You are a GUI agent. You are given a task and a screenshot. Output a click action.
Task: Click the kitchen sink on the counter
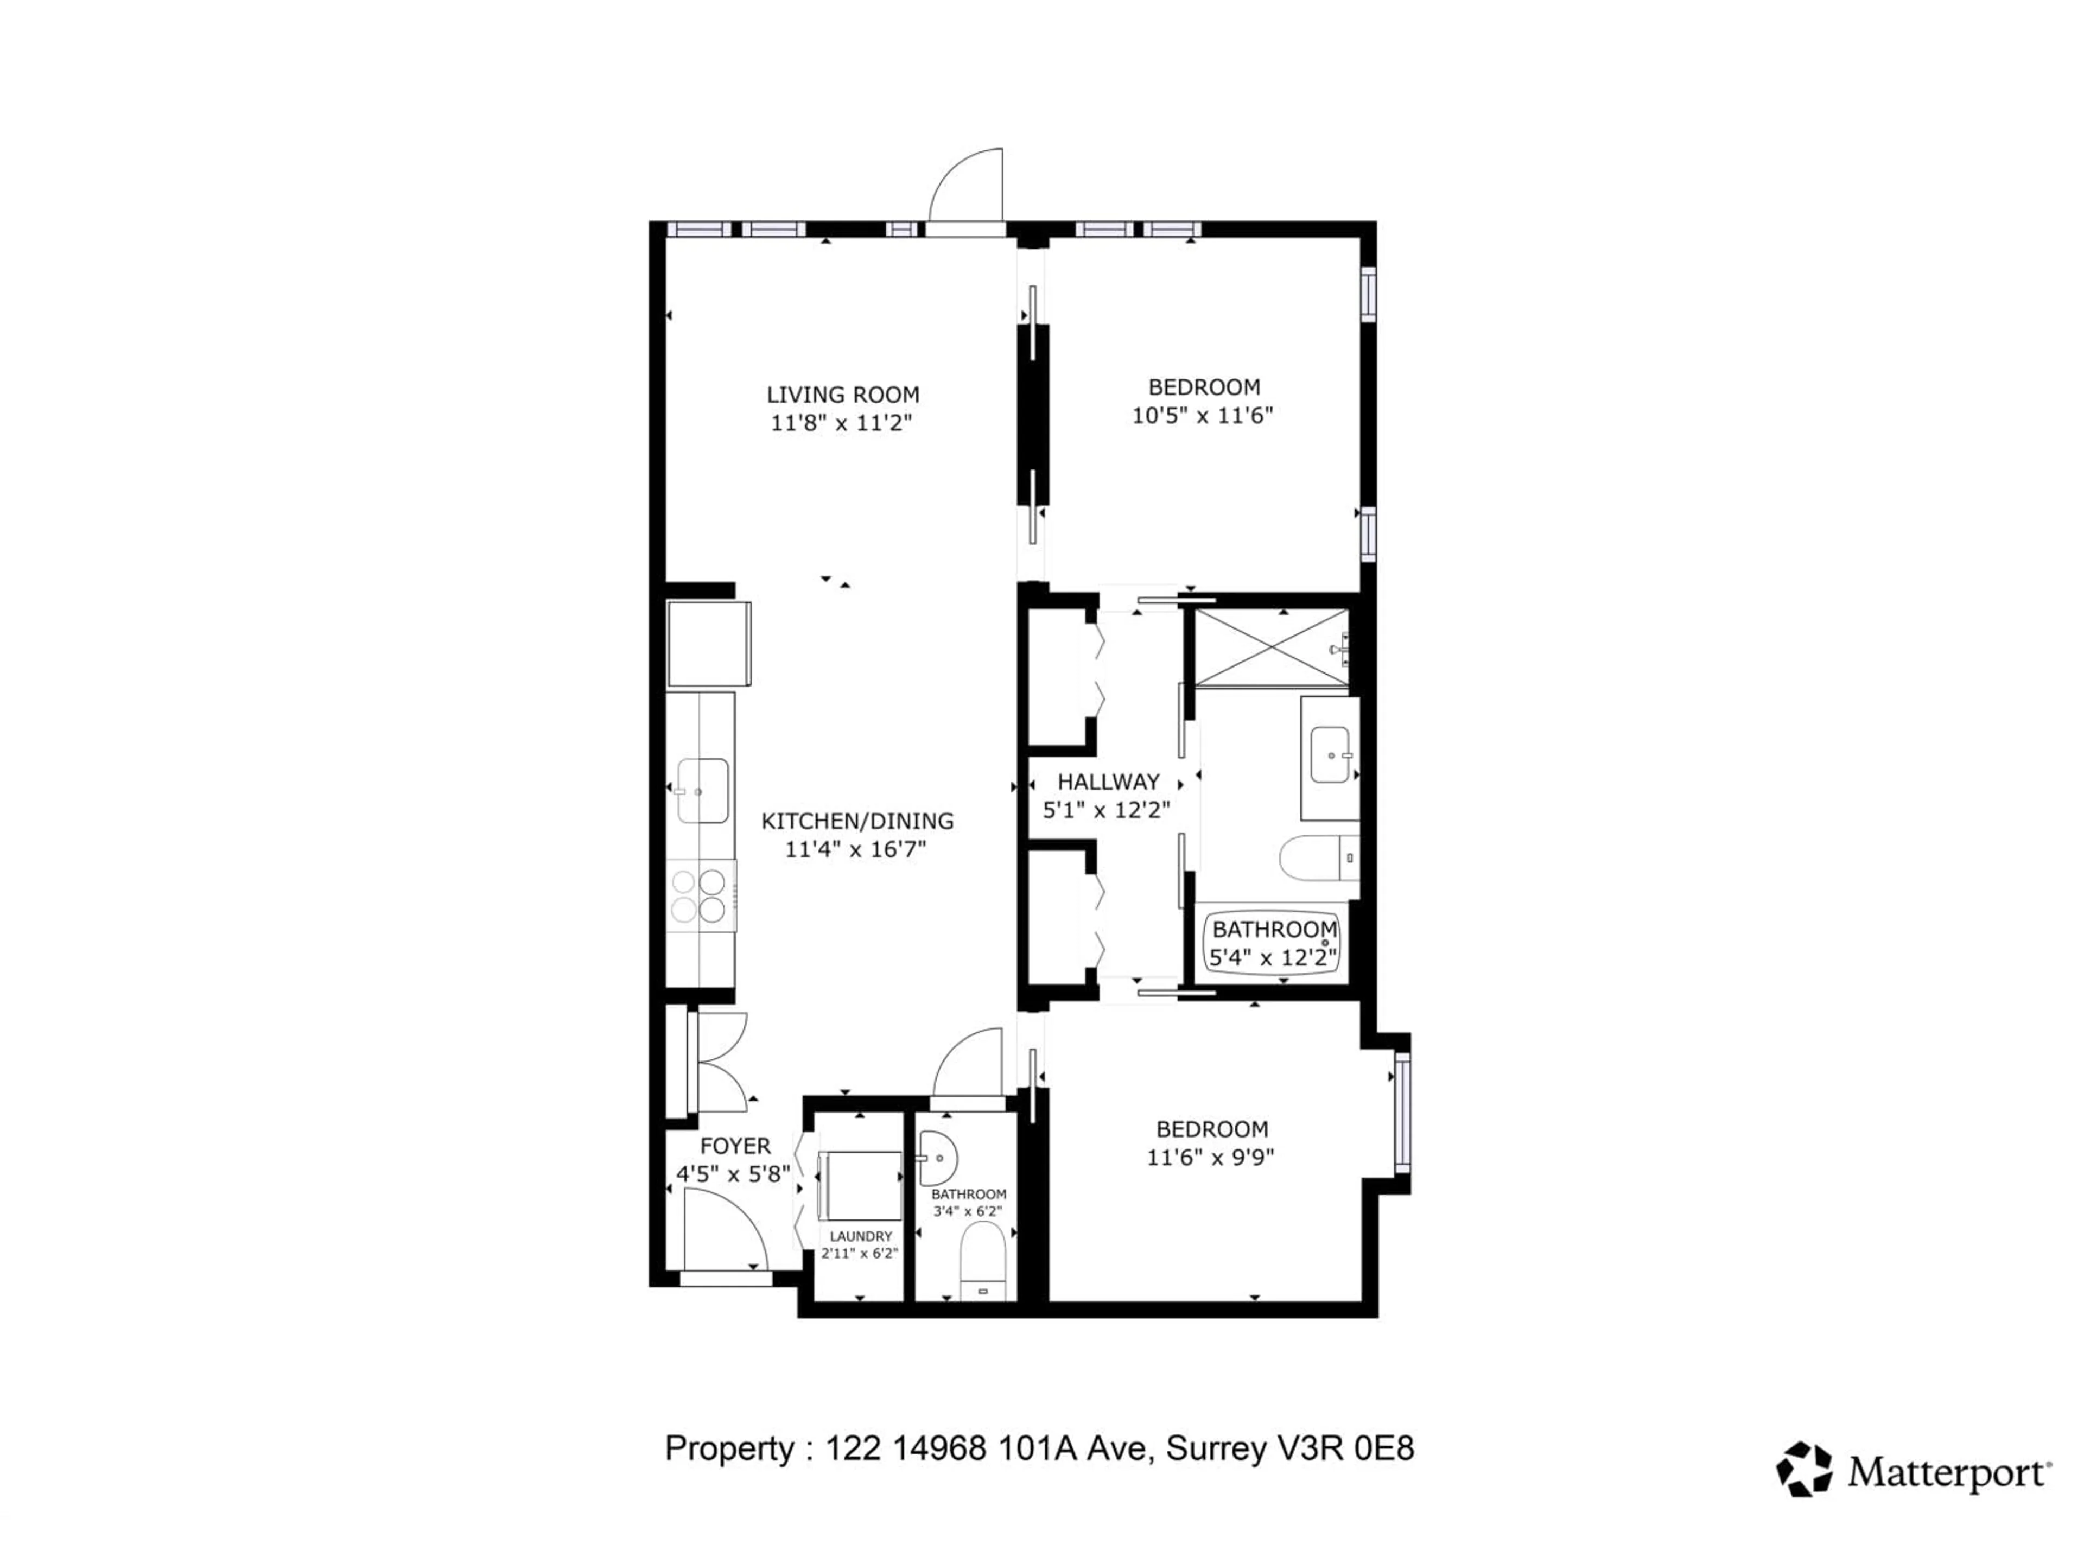pos(702,790)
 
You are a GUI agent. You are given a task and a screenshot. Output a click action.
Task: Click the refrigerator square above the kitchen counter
pos(708,644)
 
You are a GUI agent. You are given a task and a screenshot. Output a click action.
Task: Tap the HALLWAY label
pos(1108,782)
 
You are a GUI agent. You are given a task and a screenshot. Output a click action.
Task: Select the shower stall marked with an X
pos(1271,647)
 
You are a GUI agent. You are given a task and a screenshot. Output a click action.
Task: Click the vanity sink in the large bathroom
pos(1330,755)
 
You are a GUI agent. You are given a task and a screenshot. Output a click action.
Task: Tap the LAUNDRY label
pos(860,1236)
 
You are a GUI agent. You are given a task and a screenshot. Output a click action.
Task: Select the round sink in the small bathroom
pos(937,1158)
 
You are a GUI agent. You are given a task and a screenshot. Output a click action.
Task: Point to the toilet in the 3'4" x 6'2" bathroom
pos(983,1261)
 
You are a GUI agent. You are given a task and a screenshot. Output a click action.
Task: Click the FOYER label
pos(735,1147)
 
